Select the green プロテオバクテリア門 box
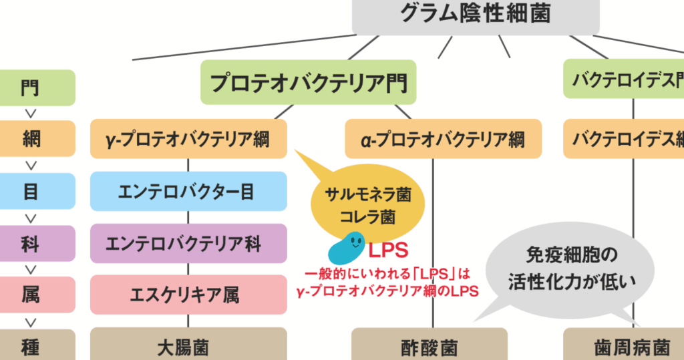(308, 82)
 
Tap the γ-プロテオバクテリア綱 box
(188, 139)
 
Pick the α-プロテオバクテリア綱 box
(444, 139)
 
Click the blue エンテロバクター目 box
(188, 192)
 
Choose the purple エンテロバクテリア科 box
(188, 243)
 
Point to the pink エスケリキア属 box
(188, 294)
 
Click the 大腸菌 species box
(188, 346)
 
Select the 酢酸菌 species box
(430, 346)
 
